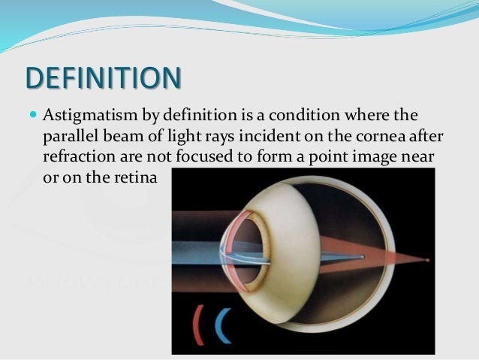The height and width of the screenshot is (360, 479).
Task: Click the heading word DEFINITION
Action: (104, 78)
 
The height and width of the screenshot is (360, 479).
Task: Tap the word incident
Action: (281, 138)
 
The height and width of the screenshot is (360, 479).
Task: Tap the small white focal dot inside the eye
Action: (363, 257)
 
